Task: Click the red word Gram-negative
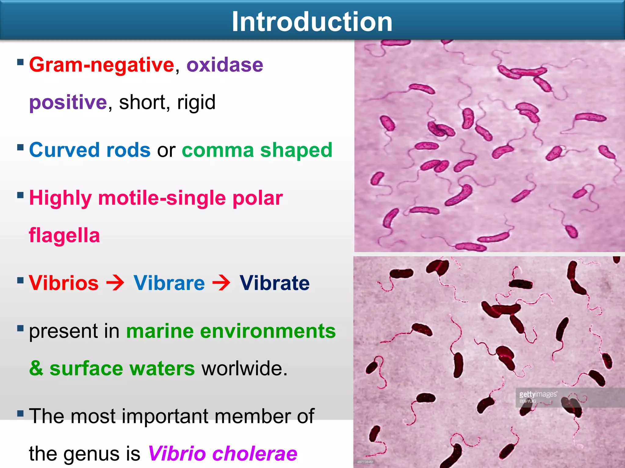coord(101,65)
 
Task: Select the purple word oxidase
coord(225,65)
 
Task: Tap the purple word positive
coord(68,102)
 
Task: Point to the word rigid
coord(196,102)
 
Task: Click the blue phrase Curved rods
coord(90,150)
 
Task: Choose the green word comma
coord(218,150)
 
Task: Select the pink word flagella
coord(64,235)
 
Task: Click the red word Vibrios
coord(64,283)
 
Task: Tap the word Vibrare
coord(169,283)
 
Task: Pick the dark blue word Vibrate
coord(274,283)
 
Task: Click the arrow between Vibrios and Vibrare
coord(115,283)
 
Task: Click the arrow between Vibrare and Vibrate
coord(221,283)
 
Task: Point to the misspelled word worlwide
coord(244,368)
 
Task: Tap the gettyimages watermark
coord(538,395)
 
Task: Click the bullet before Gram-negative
coord(20,62)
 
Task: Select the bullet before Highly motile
coord(20,195)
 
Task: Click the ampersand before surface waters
coord(36,368)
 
